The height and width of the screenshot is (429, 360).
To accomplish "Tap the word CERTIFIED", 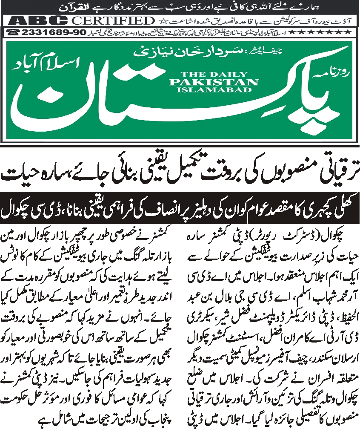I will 113,20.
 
